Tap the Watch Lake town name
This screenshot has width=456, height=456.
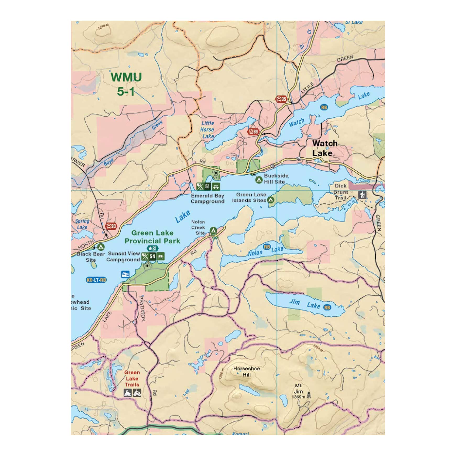pos(325,148)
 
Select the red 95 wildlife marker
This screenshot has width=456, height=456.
pos(281,99)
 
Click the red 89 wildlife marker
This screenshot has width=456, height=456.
pos(253,131)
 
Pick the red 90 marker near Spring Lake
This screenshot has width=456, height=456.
pos(111,226)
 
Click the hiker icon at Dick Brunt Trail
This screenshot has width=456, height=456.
pos(362,195)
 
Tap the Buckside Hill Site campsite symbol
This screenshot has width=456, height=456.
pos(259,180)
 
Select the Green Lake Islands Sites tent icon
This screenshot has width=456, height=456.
pos(271,200)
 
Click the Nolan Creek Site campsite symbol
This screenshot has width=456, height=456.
pos(213,230)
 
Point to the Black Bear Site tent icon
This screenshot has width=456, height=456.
pos(101,247)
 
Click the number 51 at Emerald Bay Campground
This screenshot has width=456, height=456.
pos(208,186)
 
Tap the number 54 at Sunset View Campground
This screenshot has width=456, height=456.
pos(152,256)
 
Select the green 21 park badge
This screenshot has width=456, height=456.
pos(152,248)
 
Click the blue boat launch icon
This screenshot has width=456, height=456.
pos(125,274)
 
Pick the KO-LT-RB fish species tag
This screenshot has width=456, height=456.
pos(96,280)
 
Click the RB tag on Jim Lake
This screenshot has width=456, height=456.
pos(327,307)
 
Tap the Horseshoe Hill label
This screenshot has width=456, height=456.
pos(246,371)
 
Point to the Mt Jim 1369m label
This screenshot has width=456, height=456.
pos(298,391)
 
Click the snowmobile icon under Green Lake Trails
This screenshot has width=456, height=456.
pos(128,393)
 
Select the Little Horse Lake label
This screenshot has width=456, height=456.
pos(207,130)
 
